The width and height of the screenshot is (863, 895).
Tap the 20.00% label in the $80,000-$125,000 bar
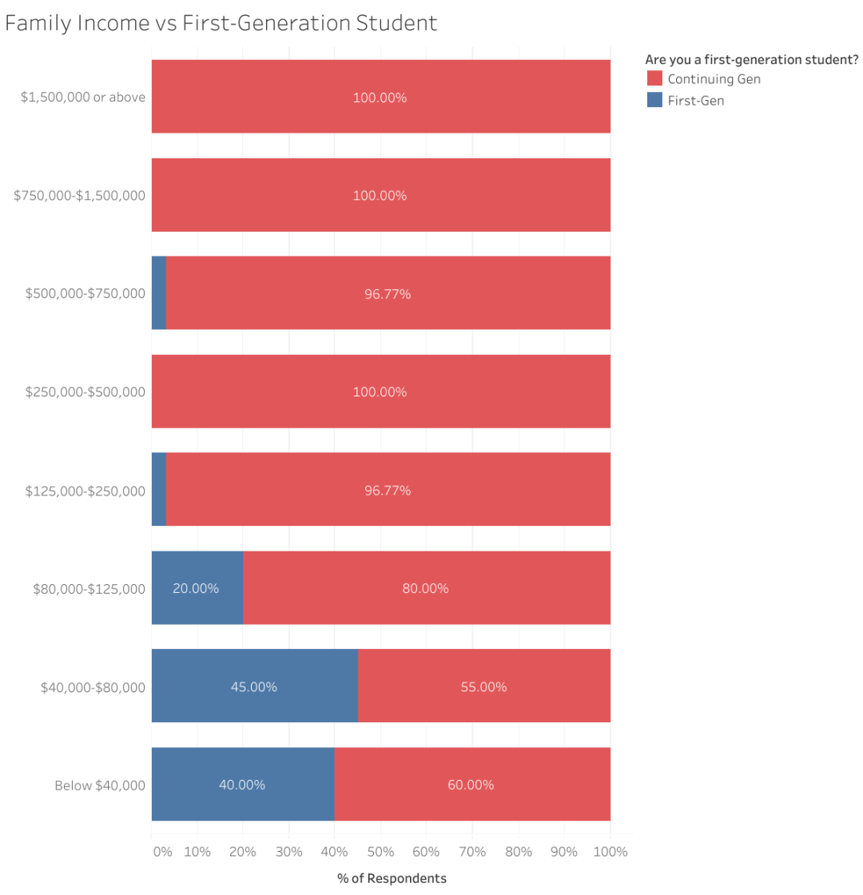coord(196,589)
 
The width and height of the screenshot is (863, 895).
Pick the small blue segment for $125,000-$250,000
coord(159,489)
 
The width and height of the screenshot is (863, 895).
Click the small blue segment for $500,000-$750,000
coord(159,292)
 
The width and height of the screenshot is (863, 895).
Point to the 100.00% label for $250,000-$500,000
coord(380,392)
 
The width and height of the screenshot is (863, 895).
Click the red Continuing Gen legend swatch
coord(654,78)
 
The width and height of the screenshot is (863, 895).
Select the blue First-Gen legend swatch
coord(654,101)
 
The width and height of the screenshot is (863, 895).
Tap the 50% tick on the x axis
coord(380,852)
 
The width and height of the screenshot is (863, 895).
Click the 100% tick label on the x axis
coord(610,852)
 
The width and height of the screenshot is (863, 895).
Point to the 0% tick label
coord(162,852)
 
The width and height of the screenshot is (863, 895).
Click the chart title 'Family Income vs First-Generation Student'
coord(221,23)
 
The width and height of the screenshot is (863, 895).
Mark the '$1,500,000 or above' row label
coord(83,97)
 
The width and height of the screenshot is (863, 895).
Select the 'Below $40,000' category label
coord(100,786)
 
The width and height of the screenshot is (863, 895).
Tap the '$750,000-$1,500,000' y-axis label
coord(79,196)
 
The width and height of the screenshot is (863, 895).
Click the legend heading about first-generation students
coord(752,59)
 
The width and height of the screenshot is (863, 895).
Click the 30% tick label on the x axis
coord(288,852)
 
